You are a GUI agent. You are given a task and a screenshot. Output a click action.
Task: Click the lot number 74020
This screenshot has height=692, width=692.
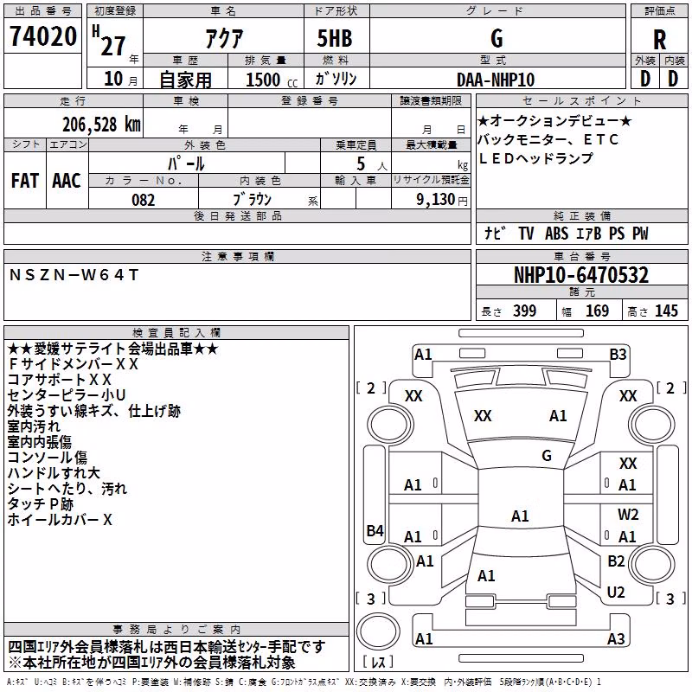[42, 36]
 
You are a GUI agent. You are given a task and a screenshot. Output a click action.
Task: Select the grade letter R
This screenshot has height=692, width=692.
[659, 40]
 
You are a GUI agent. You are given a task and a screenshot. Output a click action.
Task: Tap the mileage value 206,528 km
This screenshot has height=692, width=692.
[101, 125]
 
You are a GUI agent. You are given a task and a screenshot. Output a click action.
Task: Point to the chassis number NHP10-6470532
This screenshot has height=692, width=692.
[581, 275]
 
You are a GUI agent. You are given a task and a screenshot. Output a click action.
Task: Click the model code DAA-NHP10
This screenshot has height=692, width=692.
[496, 80]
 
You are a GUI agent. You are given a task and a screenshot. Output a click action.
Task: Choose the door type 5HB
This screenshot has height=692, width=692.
[335, 38]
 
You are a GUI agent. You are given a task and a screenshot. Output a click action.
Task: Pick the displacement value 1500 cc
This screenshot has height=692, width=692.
[272, 80]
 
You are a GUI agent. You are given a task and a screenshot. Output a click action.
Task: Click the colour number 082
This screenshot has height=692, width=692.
[143, 200]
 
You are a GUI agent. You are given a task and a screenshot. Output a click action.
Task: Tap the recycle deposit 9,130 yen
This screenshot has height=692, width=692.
[442, 200]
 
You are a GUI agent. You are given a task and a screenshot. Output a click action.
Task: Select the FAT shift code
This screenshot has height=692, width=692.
[25, 181]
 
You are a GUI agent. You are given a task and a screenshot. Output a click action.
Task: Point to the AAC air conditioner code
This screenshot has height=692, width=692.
[67, 181]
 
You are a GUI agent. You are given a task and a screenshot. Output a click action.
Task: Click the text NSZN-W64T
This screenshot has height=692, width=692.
[74, 275]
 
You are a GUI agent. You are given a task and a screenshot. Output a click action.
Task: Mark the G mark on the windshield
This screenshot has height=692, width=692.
[547, 455]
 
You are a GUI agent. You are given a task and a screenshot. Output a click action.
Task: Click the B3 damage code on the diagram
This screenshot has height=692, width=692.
[618, 355]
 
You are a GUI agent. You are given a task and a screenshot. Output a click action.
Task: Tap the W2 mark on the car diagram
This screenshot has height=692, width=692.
[628, 515]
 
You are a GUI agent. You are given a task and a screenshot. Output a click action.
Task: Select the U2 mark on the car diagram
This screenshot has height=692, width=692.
[616, 593]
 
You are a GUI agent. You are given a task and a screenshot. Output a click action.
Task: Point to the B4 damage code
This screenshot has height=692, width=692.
[375, 530]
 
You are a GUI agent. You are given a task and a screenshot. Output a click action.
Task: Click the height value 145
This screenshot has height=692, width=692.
[666, 311]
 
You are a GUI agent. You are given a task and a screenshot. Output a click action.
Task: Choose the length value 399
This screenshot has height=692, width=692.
[525, 311]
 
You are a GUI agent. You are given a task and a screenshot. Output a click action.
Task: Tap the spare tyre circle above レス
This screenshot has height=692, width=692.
[378, 631]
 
